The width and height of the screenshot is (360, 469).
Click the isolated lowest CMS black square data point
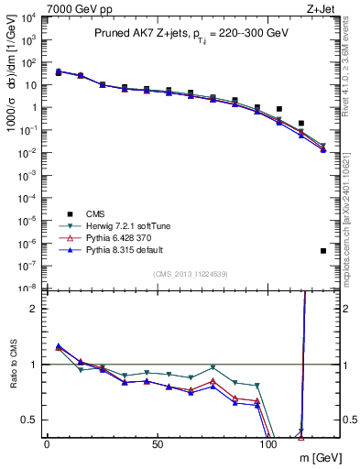coord(323,250)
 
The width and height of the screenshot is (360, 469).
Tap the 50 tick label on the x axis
coord(158,444)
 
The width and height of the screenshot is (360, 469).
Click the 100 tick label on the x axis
coord(268,444)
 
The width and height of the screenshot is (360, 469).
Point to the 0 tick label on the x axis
coord(47,444)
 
